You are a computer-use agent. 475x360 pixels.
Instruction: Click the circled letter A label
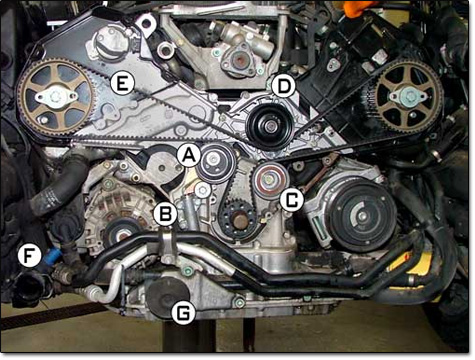(x=186, y=154)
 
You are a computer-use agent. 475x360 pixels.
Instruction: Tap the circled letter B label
(x=166, y=212)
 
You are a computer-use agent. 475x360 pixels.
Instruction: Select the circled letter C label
(x=292, y=199)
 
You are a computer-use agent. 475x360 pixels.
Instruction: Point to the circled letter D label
(x=284, y=86)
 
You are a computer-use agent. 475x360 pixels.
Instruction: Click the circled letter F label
(x=30, y=256)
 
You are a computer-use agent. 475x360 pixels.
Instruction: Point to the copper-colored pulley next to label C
(x=266, y=181)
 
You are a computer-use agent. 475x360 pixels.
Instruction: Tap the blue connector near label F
(x=50, y=257)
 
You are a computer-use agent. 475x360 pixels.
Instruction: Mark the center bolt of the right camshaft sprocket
(x=407, y=97)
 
